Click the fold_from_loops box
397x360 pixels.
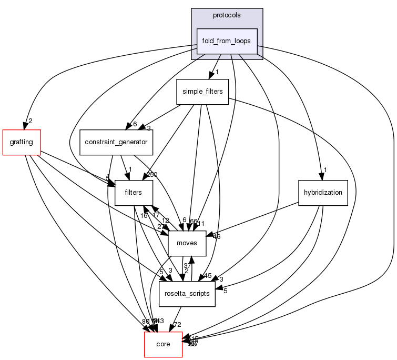point(227,41)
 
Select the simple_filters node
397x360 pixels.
point(202,92)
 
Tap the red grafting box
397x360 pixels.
point(22,142)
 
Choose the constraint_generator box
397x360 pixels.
point(116,142)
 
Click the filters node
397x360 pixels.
point(134,193)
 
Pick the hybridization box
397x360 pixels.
point(323,193)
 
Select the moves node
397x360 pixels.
point(187,243)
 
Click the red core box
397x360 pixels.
point(163,344)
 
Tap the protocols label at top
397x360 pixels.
point(227,15)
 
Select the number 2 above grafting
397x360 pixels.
point(30,121)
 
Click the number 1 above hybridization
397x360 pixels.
point(326,169)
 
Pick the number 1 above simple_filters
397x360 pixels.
point(217,72)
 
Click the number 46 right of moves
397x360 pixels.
point(216,237)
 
